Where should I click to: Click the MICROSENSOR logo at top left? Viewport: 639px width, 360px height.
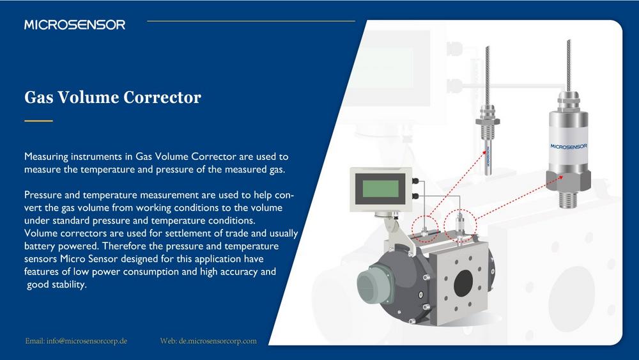(75, 25)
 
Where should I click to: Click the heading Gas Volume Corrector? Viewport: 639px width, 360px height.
(112, 97)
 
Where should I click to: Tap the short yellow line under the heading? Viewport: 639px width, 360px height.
(39, 121)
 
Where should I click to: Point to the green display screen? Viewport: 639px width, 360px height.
(381, 189)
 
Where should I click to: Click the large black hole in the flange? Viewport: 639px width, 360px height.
(463, 283)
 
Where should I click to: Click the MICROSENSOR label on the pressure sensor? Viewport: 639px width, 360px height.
(569, 146)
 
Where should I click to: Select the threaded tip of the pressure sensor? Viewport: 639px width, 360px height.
(568, 200)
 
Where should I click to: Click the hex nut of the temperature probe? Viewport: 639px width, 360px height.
(488, 121)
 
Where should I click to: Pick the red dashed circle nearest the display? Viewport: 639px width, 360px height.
(425, 228)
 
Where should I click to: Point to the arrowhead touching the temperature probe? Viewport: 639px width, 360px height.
(484, 153)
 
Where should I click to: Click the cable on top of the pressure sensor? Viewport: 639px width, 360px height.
(569, 65)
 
